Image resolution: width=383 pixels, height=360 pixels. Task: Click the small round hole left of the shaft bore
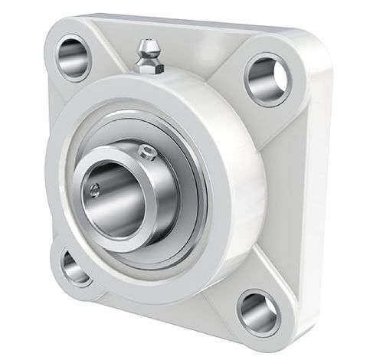click(x=94, y=191)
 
